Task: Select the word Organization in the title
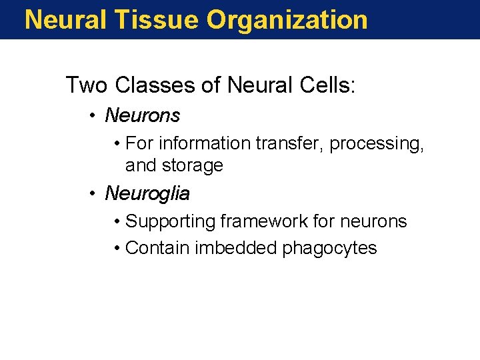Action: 287,19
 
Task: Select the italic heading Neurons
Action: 143,116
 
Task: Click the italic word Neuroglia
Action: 147,194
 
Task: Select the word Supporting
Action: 172,221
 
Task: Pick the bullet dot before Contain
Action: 117,248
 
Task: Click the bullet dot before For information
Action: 117,143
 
